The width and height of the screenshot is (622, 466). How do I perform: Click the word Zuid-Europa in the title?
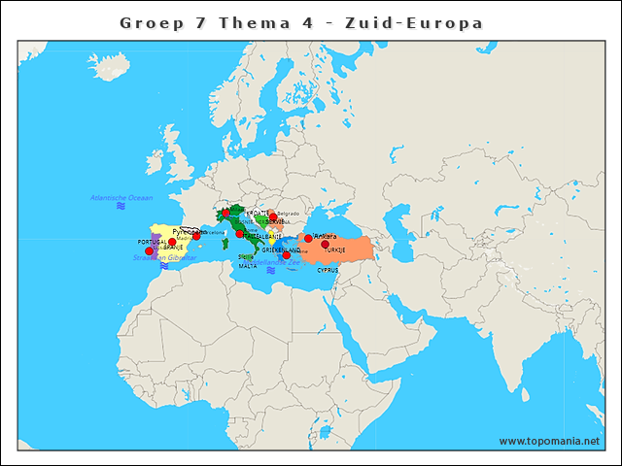426,21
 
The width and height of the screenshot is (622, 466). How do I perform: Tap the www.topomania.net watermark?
549,441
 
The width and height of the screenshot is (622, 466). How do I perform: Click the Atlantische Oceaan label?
121,197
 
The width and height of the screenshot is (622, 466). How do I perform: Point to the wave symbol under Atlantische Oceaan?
121,207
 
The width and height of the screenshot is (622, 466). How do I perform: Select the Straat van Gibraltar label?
164,257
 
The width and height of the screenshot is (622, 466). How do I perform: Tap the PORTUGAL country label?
152,242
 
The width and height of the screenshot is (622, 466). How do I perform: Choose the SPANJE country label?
173,248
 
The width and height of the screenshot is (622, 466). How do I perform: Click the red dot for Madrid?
172,242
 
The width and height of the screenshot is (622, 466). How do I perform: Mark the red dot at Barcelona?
196,235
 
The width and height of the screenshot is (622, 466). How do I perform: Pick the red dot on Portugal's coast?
150,251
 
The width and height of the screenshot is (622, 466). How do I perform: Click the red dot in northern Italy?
225,213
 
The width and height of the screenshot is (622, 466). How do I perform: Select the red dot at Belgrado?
273,216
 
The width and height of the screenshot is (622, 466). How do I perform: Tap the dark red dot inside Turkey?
325,244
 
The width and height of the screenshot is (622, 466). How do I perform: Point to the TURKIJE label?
335,250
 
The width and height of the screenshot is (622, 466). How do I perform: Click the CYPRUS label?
328,270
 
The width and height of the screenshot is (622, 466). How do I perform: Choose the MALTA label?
248,265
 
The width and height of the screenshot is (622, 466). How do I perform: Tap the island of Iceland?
111,68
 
